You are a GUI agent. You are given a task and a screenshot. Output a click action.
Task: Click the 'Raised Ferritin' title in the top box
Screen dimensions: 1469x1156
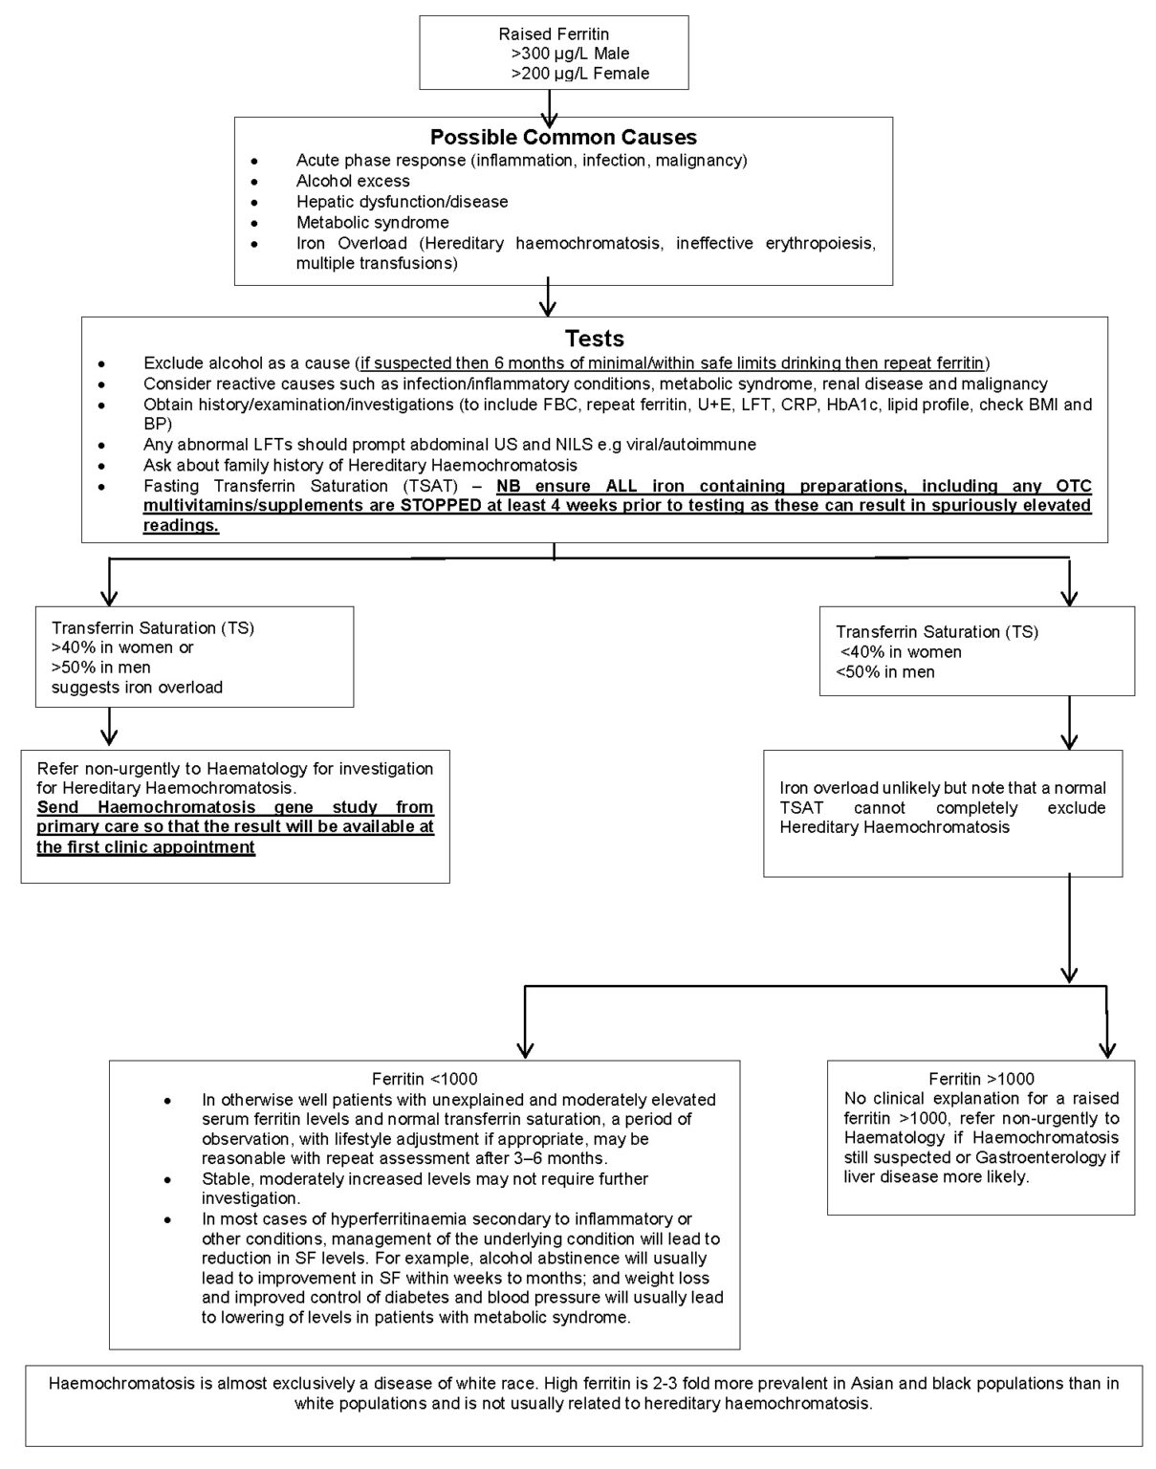coord(567,34)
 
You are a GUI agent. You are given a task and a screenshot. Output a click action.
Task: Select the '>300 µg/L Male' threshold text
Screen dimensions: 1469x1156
coord(570,54)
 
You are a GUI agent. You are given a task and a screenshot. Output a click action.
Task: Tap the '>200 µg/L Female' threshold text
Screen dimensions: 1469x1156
coord(579,74)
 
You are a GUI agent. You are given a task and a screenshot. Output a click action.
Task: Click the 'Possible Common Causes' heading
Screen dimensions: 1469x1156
coord(563,137)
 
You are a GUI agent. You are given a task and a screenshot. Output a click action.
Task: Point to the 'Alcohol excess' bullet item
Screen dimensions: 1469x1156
coord(353,181)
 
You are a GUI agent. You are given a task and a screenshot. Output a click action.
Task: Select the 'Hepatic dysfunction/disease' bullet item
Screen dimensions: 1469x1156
coord(402,202)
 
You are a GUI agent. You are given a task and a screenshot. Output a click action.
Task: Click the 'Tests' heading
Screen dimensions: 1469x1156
coord(594,339)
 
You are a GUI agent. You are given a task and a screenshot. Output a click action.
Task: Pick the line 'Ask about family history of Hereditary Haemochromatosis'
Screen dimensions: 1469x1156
coord(360,465)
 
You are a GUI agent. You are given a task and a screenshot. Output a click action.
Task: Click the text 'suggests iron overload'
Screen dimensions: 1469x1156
coord(137,687)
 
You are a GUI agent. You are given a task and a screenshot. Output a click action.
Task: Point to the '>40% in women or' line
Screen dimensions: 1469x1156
coord(122,647)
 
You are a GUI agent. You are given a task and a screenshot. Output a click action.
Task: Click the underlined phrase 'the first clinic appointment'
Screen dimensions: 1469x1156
coord(145,847)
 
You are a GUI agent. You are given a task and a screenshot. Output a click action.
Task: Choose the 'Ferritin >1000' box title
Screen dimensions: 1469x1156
coord(981,1079)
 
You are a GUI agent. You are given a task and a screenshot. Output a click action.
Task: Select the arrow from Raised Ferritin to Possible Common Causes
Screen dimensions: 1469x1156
coord(549,105)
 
